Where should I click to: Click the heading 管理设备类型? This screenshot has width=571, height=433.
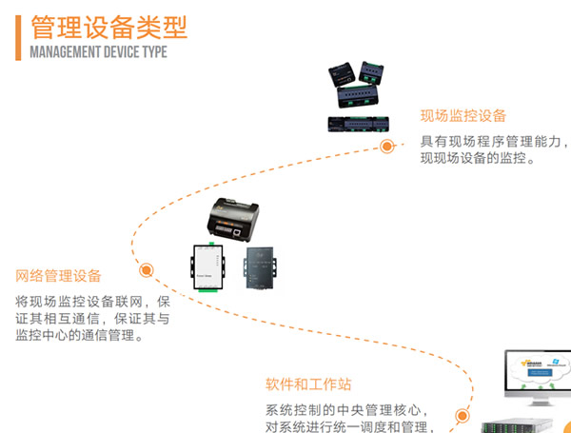(x=108, y=26)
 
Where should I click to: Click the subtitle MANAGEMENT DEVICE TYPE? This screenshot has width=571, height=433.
(x=99, y=51)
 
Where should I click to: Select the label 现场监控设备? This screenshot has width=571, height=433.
(x=463, y=116)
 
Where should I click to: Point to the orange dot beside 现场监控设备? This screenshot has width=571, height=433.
(x=387, y=147)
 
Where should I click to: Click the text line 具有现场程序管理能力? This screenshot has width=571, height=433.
(x=494, y=142)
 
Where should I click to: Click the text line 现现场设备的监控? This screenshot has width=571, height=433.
(x=478, y=159)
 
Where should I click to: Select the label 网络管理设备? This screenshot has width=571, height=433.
(x=59, y=276)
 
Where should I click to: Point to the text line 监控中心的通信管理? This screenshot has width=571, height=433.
(x=80, y=336)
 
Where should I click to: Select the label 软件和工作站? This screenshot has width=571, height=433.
(x=308, y=384)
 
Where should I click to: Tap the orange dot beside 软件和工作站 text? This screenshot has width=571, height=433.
(x=462, y=416)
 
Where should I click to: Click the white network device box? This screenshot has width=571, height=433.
(x=207, y=269)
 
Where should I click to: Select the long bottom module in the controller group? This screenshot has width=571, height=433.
(x=362, y=123)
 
